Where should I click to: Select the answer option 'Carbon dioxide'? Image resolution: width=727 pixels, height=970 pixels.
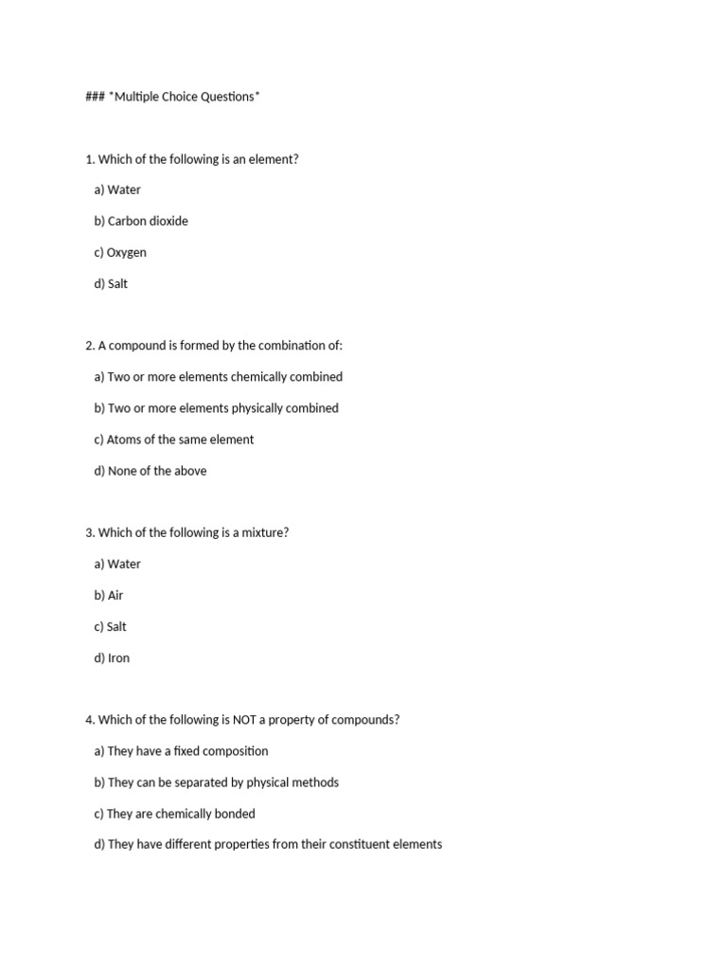tap(141, 221)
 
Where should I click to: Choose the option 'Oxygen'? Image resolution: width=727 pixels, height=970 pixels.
tap(120, 252)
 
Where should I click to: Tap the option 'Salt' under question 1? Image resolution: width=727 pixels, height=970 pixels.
tap(111, 283)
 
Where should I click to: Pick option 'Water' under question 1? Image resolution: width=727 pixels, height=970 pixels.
tap(117, 189)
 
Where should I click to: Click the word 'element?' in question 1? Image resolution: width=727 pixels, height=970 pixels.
tap(275, 159)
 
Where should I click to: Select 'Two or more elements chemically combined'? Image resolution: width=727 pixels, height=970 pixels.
tap(219, 376)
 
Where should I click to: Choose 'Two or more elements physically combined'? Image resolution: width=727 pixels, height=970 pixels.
tap(216, 408)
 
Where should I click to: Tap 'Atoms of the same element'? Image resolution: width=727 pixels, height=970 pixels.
tap(174, 440)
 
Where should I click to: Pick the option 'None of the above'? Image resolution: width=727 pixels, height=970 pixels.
tap(151, 471)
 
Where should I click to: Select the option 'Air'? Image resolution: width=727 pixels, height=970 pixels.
tap(109, 595)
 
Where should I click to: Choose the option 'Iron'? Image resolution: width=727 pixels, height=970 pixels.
tap(112, 657)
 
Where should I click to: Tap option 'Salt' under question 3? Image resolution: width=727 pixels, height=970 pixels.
tap(110, 626)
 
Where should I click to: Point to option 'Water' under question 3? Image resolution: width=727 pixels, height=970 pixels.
tap(117, 564)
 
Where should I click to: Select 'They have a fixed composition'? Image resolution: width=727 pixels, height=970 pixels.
tap(181, 751)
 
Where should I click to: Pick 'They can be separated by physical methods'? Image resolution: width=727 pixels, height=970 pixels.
tap(216, 782)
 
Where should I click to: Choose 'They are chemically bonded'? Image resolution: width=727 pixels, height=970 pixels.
tap(175, 814)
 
